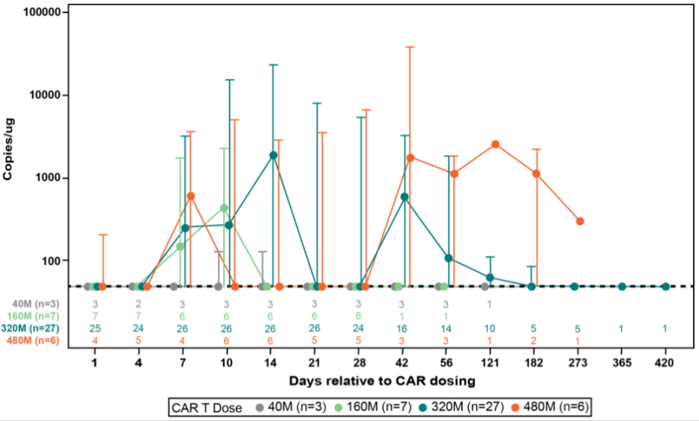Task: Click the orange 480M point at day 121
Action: [496, 144]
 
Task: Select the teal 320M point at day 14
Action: [273, 155]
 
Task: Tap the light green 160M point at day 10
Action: [224, 208]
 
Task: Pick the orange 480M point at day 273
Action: [580, 221]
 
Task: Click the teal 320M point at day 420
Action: [665, 287]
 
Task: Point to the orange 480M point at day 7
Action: [191, 196]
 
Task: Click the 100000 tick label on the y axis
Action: [43, 12]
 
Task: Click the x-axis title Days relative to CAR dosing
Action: [382, 381]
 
